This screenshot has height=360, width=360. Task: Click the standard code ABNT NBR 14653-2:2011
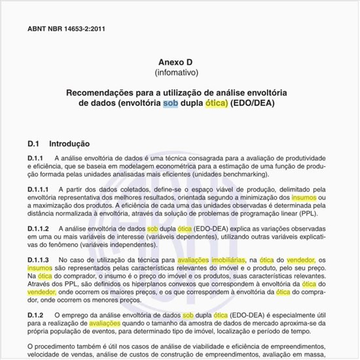67,29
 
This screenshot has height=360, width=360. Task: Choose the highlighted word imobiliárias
210,260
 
